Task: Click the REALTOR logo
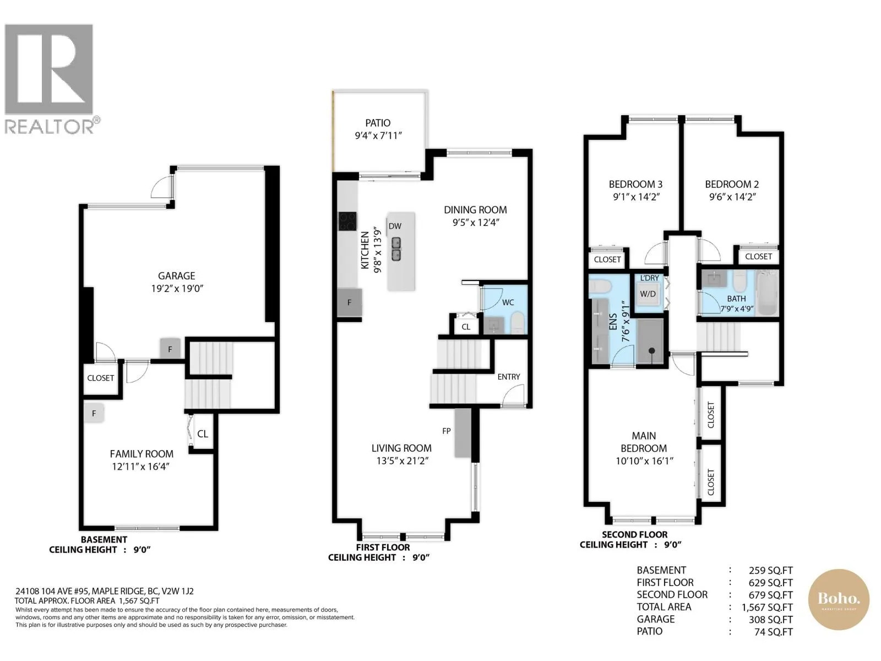(52, 79)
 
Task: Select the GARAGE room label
(177, 276)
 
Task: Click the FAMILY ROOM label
(142, 454)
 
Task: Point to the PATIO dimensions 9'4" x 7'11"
(378, 136)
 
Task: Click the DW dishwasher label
(395, 226)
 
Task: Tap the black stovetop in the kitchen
(347, 221)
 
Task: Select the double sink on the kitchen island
(396, 249)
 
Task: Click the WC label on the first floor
(508, 302)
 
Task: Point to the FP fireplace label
(447, 431)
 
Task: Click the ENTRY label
(509, 376)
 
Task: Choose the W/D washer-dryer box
(648, 294)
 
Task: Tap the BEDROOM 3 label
(636, 184)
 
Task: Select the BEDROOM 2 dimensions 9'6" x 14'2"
(732, 197)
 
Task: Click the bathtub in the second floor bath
(767, 292)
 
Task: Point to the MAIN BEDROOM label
(644, 441)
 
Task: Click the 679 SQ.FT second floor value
(770, 595)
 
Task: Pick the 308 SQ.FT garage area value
(770, 619)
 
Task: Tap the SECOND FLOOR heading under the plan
(634, 534)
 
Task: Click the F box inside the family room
(94, 413)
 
